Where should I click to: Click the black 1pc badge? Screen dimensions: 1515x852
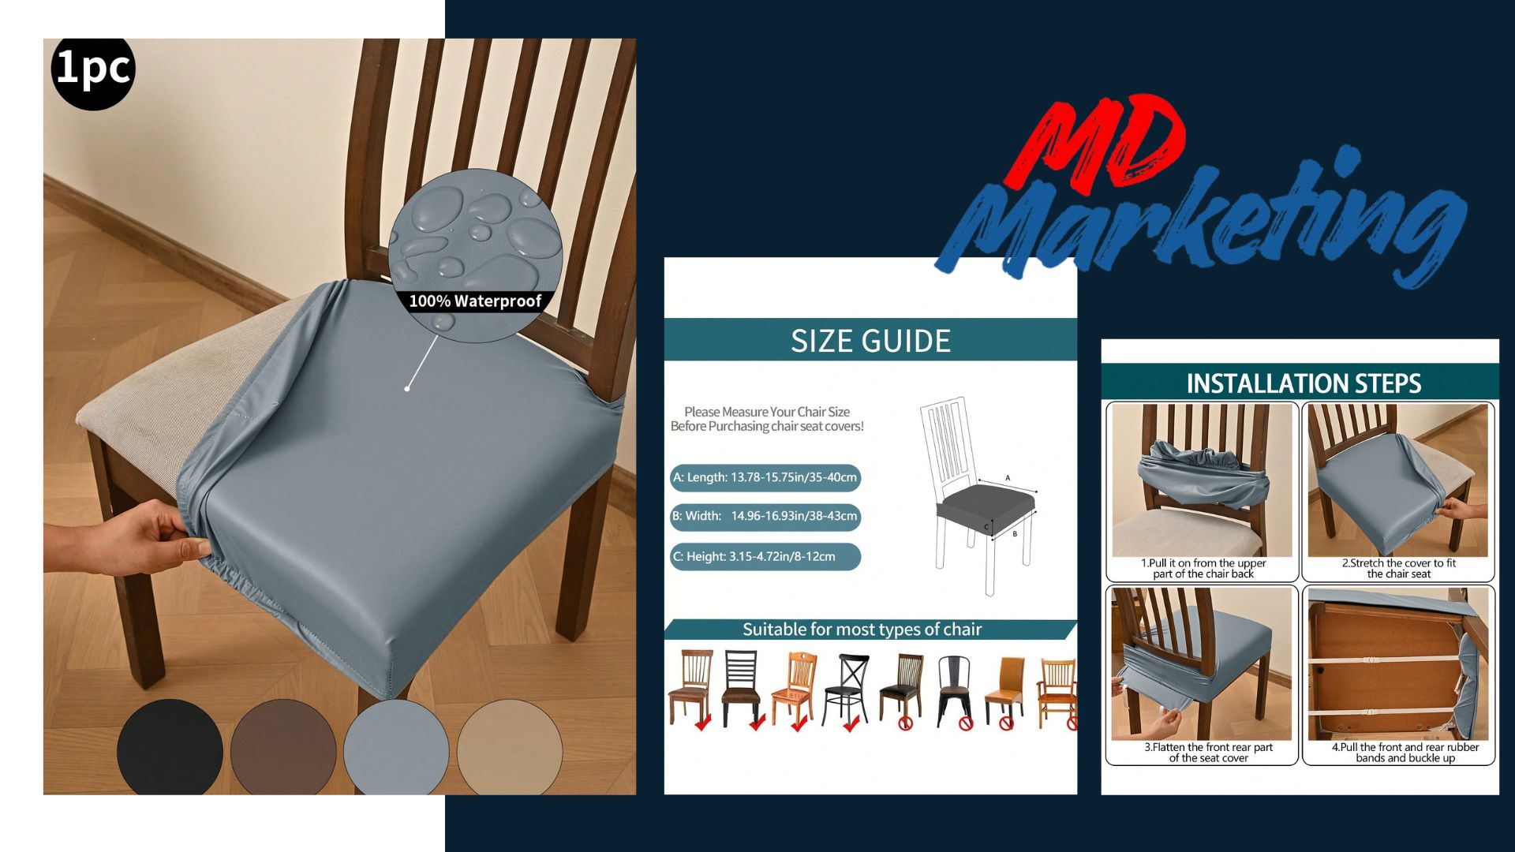(x=93, y=69)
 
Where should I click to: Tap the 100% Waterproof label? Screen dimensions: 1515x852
(x=475, y=301)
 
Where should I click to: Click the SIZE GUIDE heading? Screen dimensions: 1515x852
(x=870, y=341)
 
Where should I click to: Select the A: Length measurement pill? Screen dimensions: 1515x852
(x=765, y=477)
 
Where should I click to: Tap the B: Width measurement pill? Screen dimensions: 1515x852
(x=765, y=517)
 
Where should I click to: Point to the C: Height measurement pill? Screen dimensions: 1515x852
(x=765, y=556)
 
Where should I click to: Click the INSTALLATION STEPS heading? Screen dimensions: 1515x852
(x=1304, y=383)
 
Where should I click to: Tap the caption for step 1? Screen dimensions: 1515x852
(x=1203, y=569)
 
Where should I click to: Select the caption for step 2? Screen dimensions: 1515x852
(x=1399, y=569)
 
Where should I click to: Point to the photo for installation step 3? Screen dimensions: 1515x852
(x=1202, y=663)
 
